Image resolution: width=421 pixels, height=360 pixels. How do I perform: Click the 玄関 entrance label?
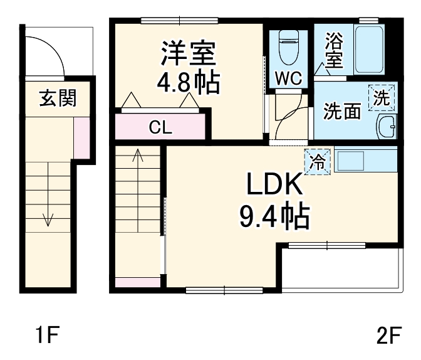pyautogui.click(x=58, y=98)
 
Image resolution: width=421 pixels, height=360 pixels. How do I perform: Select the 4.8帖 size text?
pyautogui.click(x=189, y=83)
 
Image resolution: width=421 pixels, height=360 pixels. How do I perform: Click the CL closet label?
pyautogui.click(x=160, y=128)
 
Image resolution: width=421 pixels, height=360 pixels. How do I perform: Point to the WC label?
pyautogui.click(x=289, y=78)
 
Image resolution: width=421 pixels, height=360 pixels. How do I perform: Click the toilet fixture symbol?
pyautogui.click(x=289, y=48)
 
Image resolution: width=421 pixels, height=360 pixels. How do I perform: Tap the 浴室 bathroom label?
pyautogui.click(x=333, y=51)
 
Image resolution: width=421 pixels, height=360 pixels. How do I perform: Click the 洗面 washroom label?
pyautogui.click(x=342, y=111)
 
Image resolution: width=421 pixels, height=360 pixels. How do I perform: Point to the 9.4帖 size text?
pyautogui.click(x=274, y=216)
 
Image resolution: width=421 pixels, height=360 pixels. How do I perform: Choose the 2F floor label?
pyautogui.click(x=388, y=337)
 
